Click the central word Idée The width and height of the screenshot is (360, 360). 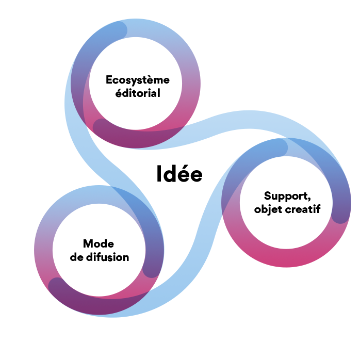click(179, 174)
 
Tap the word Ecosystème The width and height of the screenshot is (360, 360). click(138, 80)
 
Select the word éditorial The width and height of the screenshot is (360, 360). click(138, 93)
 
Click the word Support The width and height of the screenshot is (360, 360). click(286, 197)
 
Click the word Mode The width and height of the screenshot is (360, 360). click(99, 243)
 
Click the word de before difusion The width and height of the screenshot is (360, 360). click(77, 257)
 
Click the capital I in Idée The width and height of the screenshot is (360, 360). click(159, 174)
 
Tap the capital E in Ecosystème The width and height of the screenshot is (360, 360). click(109, 79)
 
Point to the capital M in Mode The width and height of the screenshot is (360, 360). click(88, 244)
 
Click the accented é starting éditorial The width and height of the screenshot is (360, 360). click(119, 93)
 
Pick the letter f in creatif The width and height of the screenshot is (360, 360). click(318, 209)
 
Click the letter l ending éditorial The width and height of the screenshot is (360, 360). click(159, 93)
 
